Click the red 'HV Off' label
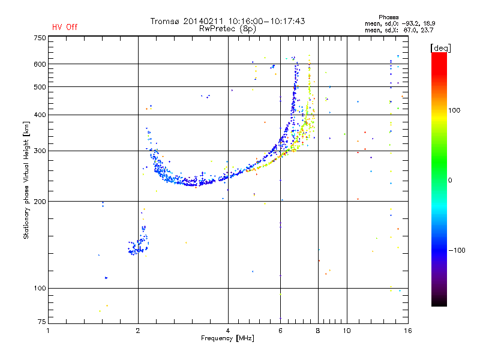(65, 27)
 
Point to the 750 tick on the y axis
(40, 37)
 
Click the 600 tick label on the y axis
(40, 64)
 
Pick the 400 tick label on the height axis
(40, 115)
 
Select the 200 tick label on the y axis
(40, 201)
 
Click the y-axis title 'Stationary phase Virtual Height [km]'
(26, 180)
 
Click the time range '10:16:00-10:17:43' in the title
(264, 21)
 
